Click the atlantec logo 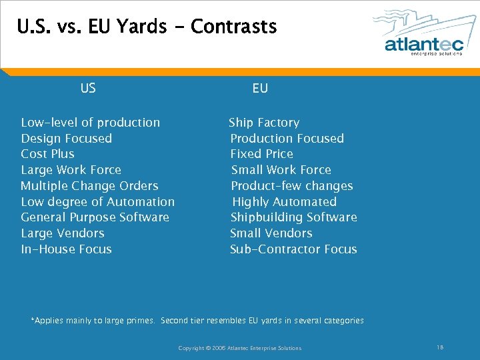423,33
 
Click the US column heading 88,88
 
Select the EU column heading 260,88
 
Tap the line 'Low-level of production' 91,123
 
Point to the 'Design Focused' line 67,139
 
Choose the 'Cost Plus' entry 48,154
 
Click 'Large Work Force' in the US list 71,170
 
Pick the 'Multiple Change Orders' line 90,186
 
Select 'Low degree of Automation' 98,202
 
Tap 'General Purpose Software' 95,217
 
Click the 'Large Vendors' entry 63,233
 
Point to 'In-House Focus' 67,249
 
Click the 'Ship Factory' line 264,123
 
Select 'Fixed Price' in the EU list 262,154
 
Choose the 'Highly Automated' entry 285,202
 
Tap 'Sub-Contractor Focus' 293,249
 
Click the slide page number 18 440,347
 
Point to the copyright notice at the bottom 240,348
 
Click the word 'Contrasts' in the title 233,27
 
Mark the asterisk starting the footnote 33,320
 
